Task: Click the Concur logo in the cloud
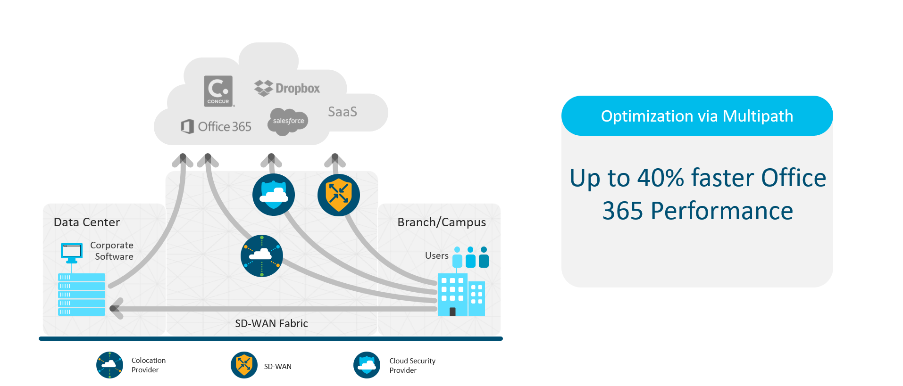(x=218, y=91)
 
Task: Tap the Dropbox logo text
(x=297, y=89)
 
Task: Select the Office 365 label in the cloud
(x=224, y=126)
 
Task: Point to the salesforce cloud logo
(x=288, y=121)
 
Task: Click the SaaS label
(x=343, y=112)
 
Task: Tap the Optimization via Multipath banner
(x=697, y=116)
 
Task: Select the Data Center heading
(x=87, y=222)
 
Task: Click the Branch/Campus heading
(x=441, y=222)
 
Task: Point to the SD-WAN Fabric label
(x=271, y=323)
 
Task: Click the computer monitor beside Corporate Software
(x=72, y=252)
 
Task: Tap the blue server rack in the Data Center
(x=82, y=294)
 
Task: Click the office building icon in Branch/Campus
(x=460, y=295)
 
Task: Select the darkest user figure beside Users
(x=484, y=257)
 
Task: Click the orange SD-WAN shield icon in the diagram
(x=339, y=195)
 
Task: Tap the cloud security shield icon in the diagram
(x=274, y=195)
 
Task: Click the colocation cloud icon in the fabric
(x=262, y=255)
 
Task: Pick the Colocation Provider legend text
(x=148, y=365)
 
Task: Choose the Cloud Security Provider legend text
(x=412, y=365)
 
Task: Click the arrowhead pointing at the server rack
(x=116, y=309)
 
